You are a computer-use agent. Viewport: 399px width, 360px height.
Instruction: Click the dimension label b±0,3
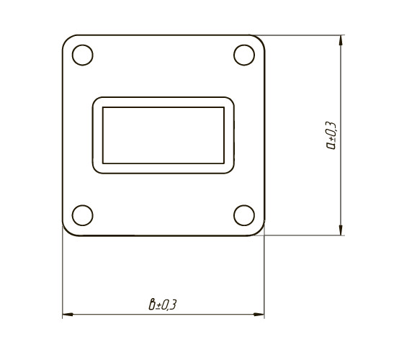point(163,305)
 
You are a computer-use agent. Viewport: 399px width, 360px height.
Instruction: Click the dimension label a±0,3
point(331,136)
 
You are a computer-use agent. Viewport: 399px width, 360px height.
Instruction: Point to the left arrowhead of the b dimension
point(68,315)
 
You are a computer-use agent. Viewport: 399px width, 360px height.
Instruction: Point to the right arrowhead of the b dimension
point(259,315)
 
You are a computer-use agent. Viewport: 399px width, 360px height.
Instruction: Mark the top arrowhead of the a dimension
point(341,40)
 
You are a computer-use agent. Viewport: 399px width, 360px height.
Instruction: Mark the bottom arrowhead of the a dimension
point(341,230)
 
